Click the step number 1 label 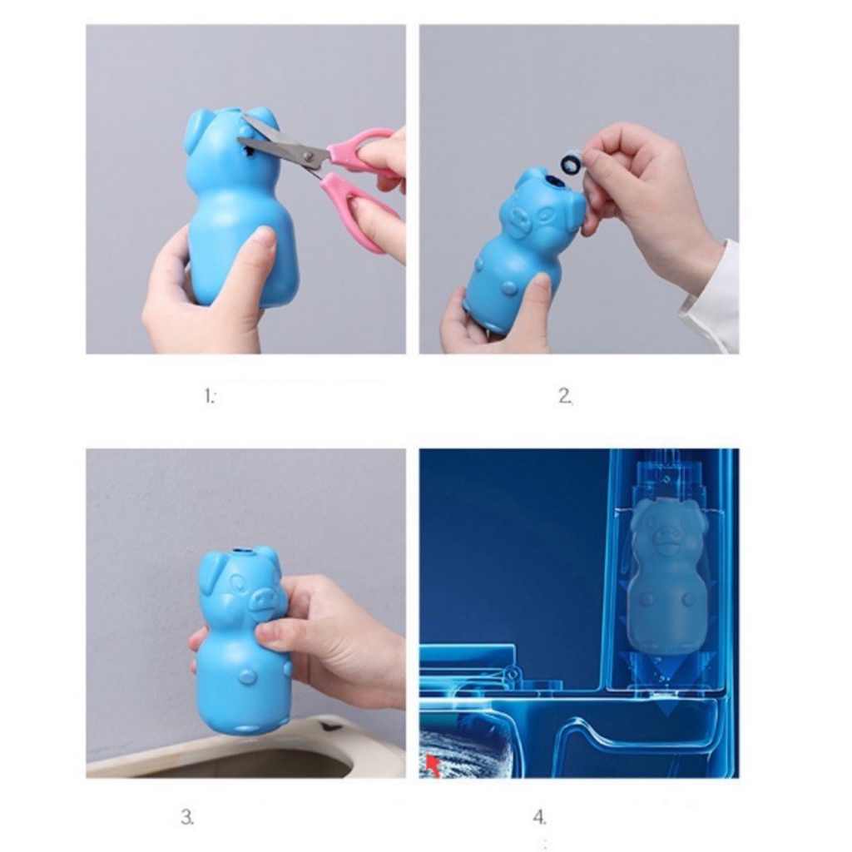point(210,397)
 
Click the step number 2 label point(565,397)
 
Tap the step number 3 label point(187,818)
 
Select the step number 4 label point(540,818)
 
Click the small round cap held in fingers point(571,162)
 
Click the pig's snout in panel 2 point(518,220)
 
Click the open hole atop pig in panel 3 point(242,551)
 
